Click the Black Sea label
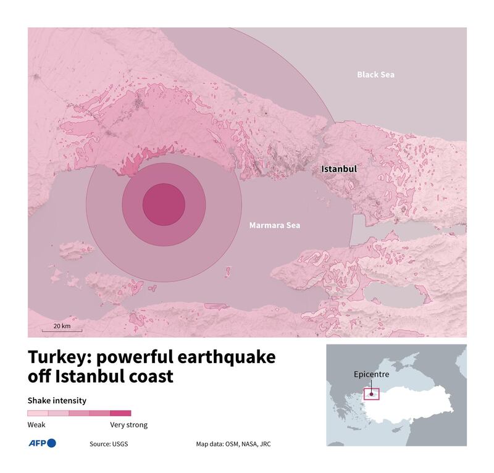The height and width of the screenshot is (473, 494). pos(375,75)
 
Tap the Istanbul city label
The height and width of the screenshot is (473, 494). pos(338,168)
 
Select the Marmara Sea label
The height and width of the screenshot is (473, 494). pos(274,225)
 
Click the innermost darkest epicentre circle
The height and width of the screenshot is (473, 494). pos(164,204)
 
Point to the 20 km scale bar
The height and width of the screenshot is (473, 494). pos(62,331)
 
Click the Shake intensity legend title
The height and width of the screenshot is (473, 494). pos(57,400)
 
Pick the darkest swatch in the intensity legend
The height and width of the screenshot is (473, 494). pos(120,413)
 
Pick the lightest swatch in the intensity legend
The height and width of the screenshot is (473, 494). pos(38,413)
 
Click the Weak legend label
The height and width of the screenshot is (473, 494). pos(36,425)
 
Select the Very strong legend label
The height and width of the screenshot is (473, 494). pos(128,425)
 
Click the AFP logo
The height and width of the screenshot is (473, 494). pos(42,443)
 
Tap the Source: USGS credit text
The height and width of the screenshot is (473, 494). pos(109,443)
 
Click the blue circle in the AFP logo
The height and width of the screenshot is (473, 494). pos(51,443)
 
